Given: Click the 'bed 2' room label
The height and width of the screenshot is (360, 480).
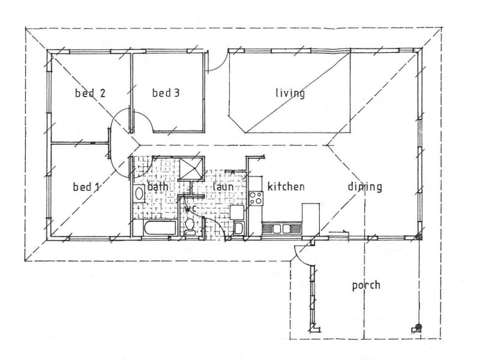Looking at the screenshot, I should pos(90,93).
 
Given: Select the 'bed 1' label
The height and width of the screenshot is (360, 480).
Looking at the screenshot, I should pos(85,187).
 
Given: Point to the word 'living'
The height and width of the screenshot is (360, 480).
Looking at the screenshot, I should pos(290,93).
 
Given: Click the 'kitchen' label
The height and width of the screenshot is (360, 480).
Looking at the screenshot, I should pos(286,187).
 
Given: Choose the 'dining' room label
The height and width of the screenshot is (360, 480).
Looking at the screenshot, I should pos(364,187).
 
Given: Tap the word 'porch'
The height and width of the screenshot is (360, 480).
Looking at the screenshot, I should pos(365,285).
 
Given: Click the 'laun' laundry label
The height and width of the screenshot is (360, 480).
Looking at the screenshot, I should pos(223,187).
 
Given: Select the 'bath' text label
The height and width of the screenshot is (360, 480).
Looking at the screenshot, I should pos(158,187).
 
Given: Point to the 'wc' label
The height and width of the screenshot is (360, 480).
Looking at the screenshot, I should pos(191,209).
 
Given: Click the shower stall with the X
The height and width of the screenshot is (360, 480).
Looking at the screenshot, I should pos(191,168).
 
